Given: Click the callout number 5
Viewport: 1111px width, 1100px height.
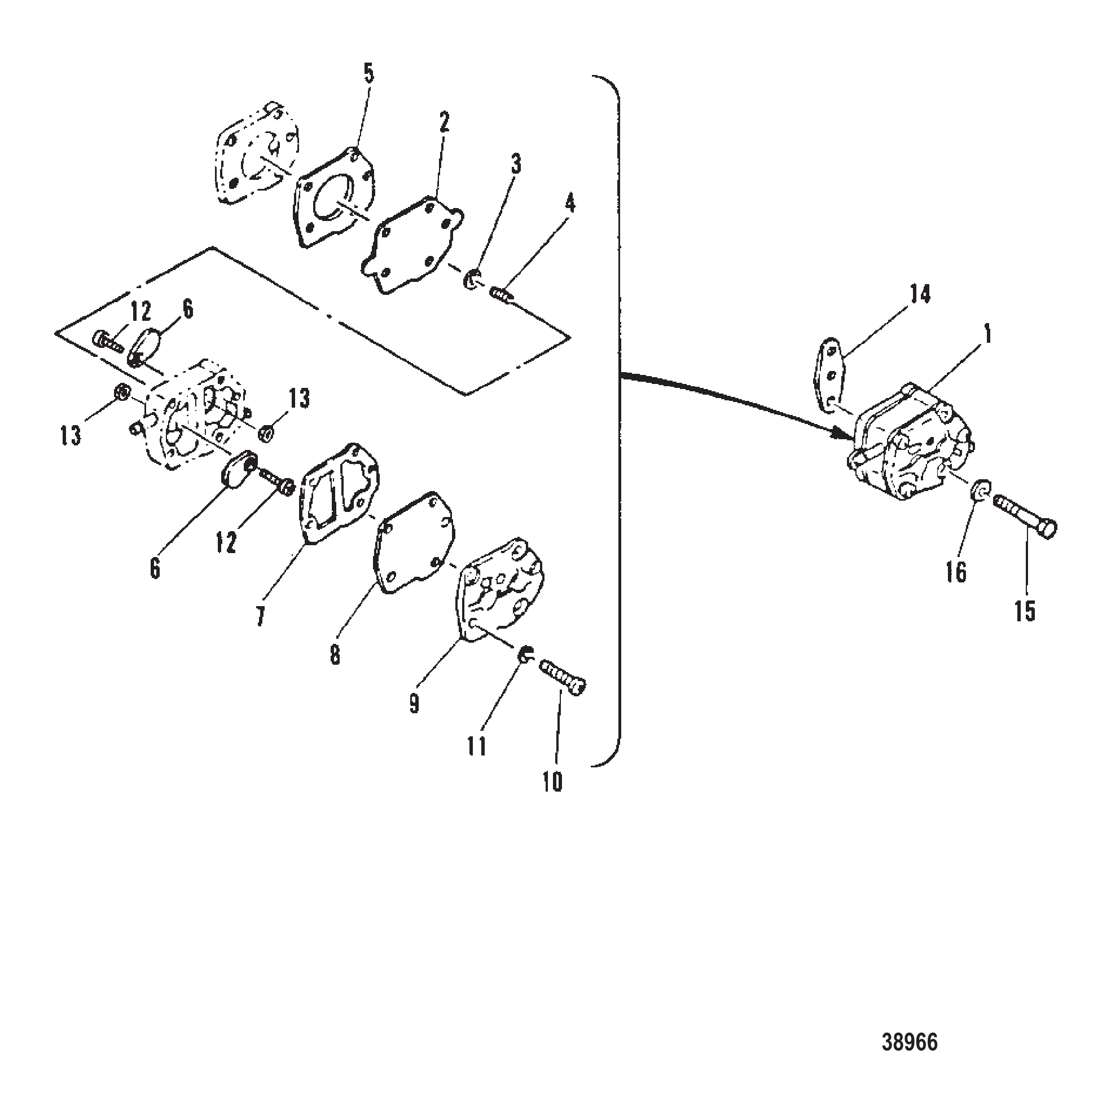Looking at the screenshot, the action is pos(368,75).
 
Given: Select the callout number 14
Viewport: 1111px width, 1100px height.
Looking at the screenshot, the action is pos(920,294).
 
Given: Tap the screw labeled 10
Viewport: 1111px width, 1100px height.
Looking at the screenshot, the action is pos(563,677).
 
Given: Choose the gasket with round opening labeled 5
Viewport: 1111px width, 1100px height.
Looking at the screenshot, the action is pos(335,197).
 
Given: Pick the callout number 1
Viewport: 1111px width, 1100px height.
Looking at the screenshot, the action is pos(988,335).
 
